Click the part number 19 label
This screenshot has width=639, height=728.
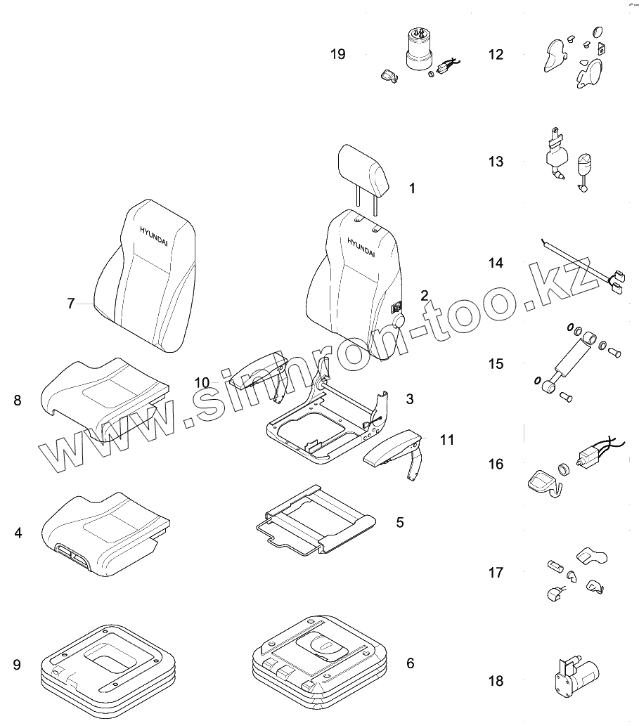pyautogui.click(x=338, y=54)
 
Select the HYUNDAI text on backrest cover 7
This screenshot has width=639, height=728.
pyautogui.click(x=154, y=234)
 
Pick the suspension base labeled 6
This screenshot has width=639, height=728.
pyautogui.click(x=320, y=657)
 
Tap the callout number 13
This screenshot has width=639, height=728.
pyautogui.click(x=496, y=162)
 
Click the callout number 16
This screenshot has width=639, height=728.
pyautogui.click(x=496, y=464)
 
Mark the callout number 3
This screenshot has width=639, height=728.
pyautogui.click(x=409, y=399)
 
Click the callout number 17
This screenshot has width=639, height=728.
pyautogui.click(x=496, y=573)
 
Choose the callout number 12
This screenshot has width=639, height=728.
pyautogui.click(x=496, y=54)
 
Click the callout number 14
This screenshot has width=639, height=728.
pyautogui.click(x=496, y=263)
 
